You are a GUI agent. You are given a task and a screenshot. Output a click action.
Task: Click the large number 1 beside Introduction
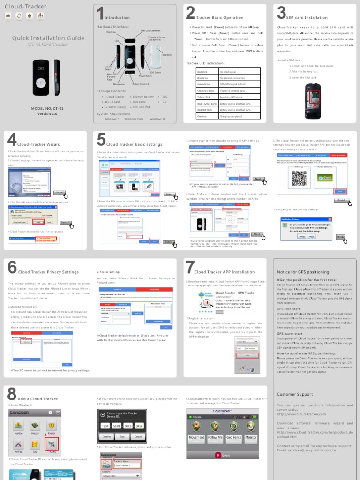99,14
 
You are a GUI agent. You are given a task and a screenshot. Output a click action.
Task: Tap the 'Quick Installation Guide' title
48,38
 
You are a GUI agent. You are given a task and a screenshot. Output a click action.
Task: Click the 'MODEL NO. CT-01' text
47,108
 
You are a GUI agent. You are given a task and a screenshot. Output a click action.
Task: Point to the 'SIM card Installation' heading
307,18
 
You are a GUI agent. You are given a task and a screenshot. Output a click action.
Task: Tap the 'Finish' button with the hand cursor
342,201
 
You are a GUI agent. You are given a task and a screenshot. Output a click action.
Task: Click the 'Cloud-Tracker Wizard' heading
39,144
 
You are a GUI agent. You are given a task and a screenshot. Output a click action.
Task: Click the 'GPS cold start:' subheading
289,309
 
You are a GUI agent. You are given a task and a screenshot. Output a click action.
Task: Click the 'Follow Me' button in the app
215,437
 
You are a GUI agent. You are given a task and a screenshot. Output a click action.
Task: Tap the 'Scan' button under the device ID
122,436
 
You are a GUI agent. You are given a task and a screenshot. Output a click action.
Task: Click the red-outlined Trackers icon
52,443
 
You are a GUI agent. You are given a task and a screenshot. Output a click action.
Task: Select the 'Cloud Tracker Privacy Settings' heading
48,272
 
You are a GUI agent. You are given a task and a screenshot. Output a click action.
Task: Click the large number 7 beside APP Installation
190,268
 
